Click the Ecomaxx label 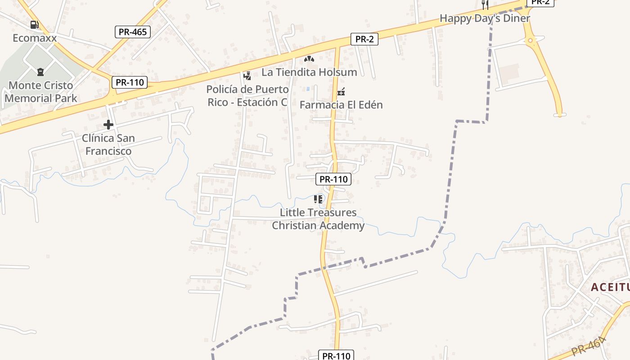point(35,38)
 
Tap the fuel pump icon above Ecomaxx point(34,25)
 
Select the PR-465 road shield point(132,32)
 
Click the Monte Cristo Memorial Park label point(41,92)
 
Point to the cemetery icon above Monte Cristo point(40,72)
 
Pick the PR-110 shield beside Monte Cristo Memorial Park point(130,82)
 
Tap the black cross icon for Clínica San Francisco point(108,125)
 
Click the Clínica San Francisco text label point(108,144)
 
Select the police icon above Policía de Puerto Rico point(247,76)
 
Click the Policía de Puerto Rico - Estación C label point(247,96)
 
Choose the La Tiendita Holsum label point(309,72)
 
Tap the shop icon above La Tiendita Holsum point(309,59)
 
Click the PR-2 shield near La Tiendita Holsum point(364,39)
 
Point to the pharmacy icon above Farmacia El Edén point(341,92)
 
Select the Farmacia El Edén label point(341,105)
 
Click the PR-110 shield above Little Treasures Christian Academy point(333,179)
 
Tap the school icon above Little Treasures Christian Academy point(319,199)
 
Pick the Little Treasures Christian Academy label point(318,219)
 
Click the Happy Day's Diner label point(485,18)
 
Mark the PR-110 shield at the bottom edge point(336,355)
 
